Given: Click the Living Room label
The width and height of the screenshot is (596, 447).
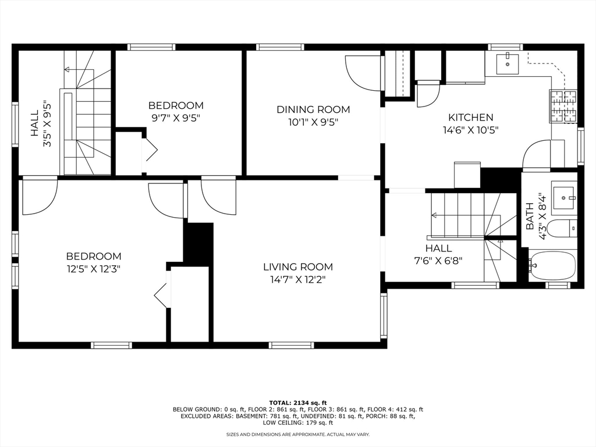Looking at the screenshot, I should coord(298,267).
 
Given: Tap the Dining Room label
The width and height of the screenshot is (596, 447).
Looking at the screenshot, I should coord(313,109).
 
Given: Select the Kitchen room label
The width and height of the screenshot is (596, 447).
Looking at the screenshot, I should coord(471,118).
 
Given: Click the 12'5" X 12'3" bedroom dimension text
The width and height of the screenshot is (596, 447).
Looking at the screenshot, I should coord(93,269).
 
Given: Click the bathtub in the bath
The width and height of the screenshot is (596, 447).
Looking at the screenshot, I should coord(553,265).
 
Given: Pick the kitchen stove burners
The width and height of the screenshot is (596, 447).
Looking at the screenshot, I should coord(563,107).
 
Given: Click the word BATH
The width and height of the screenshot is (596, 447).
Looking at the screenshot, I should coord(530,216).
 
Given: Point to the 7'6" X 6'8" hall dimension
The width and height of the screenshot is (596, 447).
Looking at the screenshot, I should coord(438,261).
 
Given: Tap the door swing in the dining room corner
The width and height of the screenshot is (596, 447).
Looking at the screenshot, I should coord(363,73).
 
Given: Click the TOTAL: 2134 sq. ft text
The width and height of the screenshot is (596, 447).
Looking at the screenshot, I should coord(298,403).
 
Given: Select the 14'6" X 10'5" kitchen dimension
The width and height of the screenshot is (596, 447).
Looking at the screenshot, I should coord(471,131).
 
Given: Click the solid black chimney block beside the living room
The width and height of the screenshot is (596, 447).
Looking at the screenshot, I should coord(198,242).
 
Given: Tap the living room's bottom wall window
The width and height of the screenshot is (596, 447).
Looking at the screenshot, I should coord(292,345).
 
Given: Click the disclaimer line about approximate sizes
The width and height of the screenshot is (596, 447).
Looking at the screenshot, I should coord(298,434).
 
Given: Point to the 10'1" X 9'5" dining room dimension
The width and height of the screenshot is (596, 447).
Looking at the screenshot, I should coord(313,122).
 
